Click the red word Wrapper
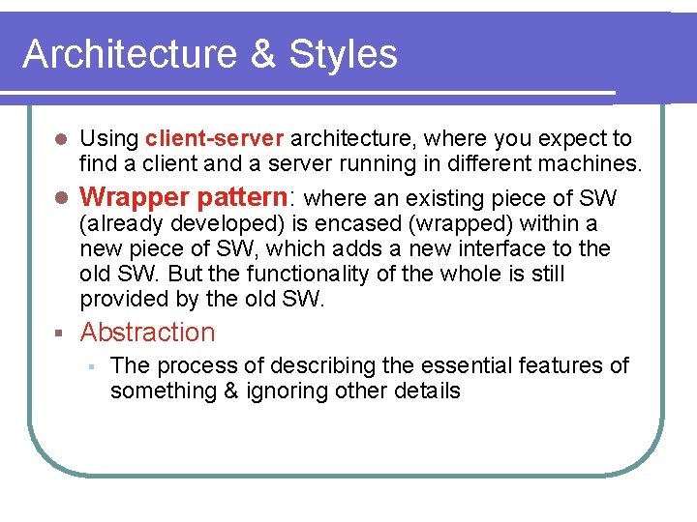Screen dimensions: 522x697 point(134,197)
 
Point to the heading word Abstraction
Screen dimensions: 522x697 point(148,333)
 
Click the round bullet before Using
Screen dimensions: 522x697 point(60,140)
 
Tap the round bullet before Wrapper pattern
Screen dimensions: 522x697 point(60,198)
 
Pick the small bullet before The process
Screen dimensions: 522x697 point(89,366)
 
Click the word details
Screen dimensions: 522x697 point(427,391)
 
